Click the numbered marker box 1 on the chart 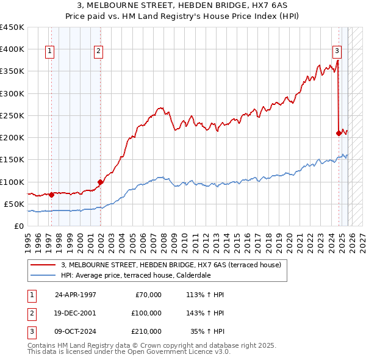pos(49,51)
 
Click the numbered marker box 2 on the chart pos(98,51)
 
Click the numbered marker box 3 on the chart pos(336,51)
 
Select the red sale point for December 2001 pos(100,181)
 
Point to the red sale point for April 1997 pos(51,195)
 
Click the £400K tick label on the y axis pos(12,49)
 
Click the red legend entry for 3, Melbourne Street pos(171,265)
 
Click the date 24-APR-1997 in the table pos(75,295)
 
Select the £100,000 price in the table pos(146,313)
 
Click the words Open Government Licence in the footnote pos(176,351)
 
